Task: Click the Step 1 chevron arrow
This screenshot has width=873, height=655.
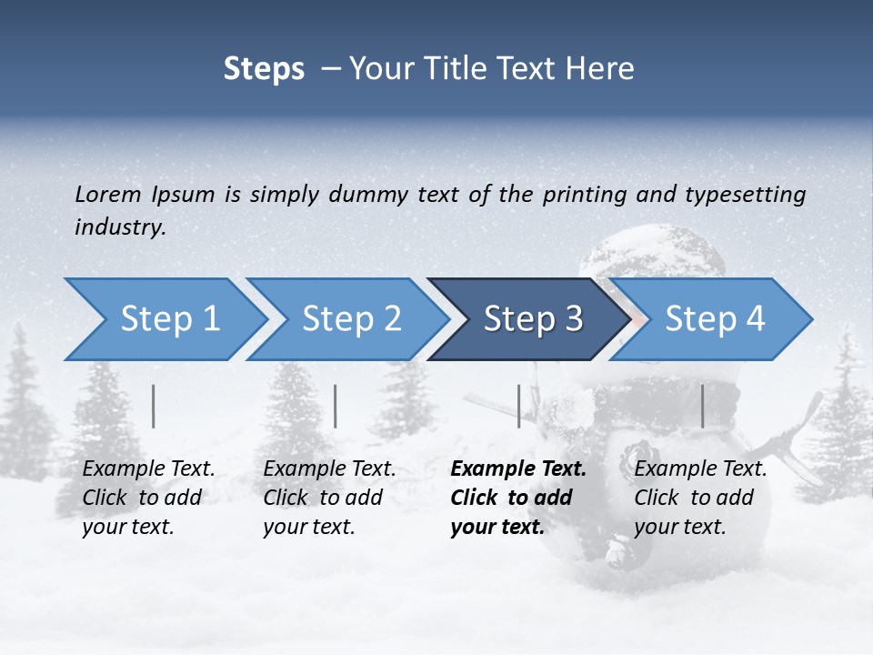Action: point(164,319)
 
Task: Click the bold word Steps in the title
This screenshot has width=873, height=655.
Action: point(264,69)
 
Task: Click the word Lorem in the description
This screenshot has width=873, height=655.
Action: point(108,195)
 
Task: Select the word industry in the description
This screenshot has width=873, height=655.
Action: point(119,227)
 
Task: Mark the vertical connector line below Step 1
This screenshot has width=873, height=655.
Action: point(154,406)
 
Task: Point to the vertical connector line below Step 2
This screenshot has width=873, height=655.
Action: point(336,406)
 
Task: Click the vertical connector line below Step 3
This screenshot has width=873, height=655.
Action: point(518,406)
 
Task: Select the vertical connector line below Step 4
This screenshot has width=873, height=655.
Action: point(702,406)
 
